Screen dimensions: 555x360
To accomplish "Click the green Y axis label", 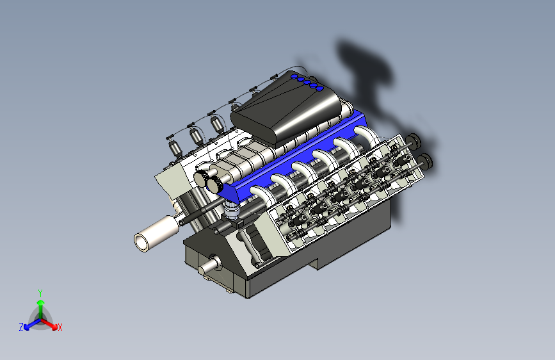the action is point(40,293).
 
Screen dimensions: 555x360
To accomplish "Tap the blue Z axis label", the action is point(21,327).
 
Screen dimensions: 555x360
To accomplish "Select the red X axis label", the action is point(60,327).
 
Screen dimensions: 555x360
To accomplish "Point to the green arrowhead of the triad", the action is point(41,302).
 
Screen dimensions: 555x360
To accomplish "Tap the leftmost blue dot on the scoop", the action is point(294,76).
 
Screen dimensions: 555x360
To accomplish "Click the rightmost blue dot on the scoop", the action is point(319,88).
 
